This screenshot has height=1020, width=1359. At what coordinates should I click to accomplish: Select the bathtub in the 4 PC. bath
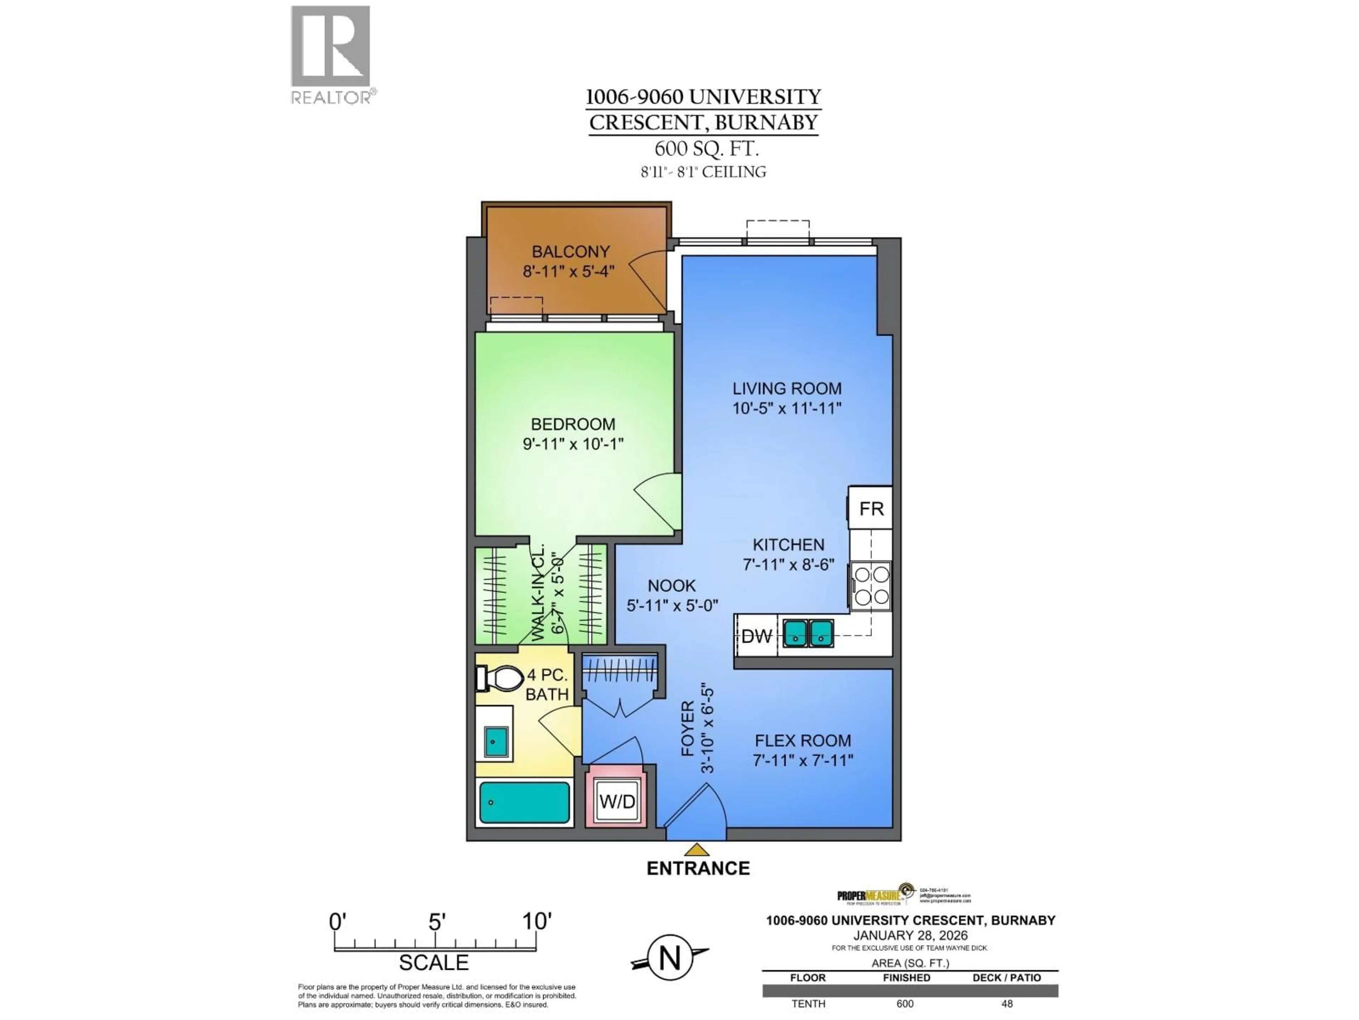coord(524,802)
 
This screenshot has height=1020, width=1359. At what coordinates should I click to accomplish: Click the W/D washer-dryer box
coord(617,802)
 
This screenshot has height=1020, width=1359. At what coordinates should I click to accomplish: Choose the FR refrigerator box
coord(871,509)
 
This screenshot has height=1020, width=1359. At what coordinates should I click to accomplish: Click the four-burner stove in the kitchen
coord(871,586)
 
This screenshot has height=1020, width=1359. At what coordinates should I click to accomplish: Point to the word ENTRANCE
coord(698,868)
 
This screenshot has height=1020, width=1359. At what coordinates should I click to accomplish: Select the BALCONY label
coord(570,251)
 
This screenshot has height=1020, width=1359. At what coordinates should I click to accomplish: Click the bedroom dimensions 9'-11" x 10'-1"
coord(573,443)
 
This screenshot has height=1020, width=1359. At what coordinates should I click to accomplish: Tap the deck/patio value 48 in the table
coord(1007,1003)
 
